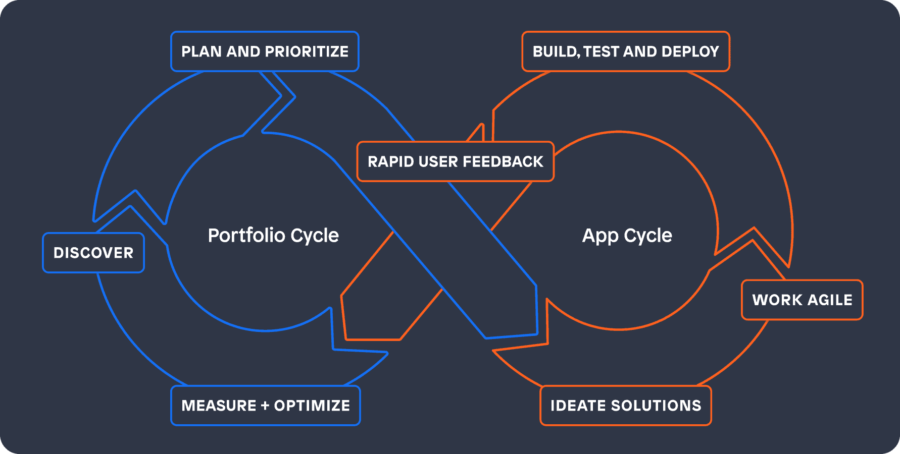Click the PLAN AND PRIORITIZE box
(265, 51)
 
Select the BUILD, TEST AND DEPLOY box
(626, 51)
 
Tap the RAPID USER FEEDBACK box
(455, 161)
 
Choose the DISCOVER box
(93, 253)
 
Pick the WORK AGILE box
(802, 300)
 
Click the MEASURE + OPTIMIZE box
(266, 406)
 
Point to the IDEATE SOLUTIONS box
(626, 406)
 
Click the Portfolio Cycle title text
(273, 236)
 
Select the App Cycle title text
(627, 236)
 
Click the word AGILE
(830, 300)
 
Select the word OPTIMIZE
(312, 406)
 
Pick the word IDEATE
(578, 406)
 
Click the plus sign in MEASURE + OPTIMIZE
(265, 406)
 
